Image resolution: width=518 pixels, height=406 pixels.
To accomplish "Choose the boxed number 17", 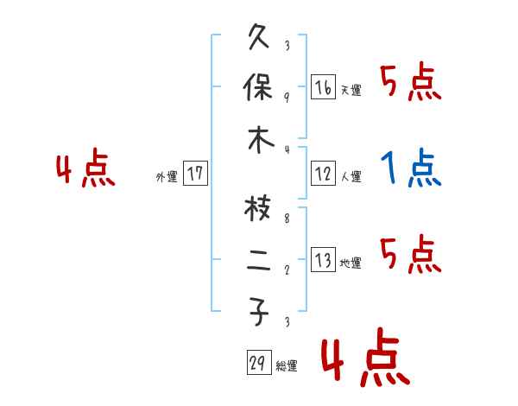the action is point(195,174).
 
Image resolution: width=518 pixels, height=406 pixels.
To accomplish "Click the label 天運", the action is point(351,90).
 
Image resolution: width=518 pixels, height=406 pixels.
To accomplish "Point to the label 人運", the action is point(351,176).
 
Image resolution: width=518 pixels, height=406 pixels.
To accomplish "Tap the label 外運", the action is point(167,176).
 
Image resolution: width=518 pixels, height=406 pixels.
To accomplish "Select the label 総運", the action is point(287,365).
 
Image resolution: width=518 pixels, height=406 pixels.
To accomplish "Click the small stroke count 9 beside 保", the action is point(287,97).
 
